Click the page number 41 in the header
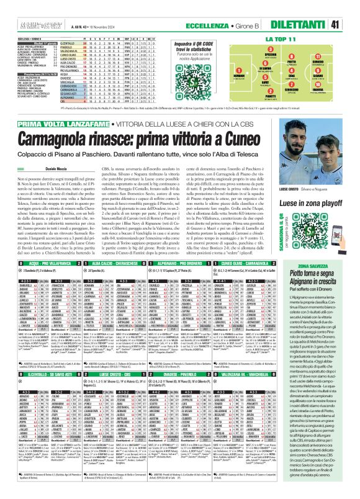[x=351, y=8]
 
